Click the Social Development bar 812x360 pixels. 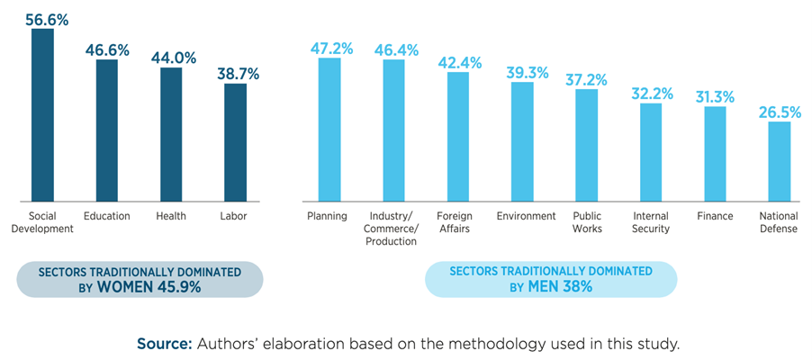click(x=42, y=114)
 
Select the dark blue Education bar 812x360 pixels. click(x=106, y=130)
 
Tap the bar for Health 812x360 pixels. click(x=171, y=135)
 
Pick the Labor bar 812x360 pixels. click(x=235, y=142)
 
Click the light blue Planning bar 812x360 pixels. click(x=329, y=130)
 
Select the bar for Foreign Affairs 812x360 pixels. click(x=458, y=137)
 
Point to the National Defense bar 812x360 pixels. click(x=780, y=162)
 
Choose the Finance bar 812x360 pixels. click(x=715, y=154)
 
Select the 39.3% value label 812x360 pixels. click(x=523, y=72)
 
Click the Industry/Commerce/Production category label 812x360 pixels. click(x=393, y=229)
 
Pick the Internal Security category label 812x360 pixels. click(x=651, y=222)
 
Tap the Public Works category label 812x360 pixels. click(x=587, y=222)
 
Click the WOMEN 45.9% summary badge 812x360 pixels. click(x=139, y=279)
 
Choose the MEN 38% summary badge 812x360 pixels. click(x=550, y=279)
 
